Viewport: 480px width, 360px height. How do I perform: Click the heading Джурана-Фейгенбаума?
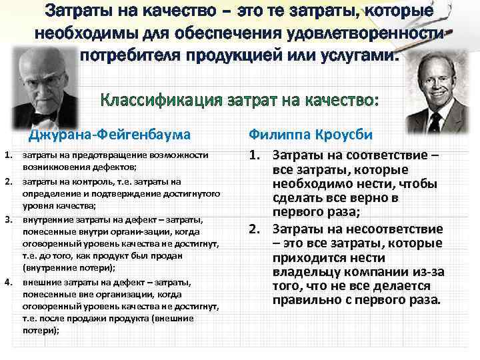[x=109, y=135]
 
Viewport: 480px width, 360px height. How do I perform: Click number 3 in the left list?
[x=8, y=219]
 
